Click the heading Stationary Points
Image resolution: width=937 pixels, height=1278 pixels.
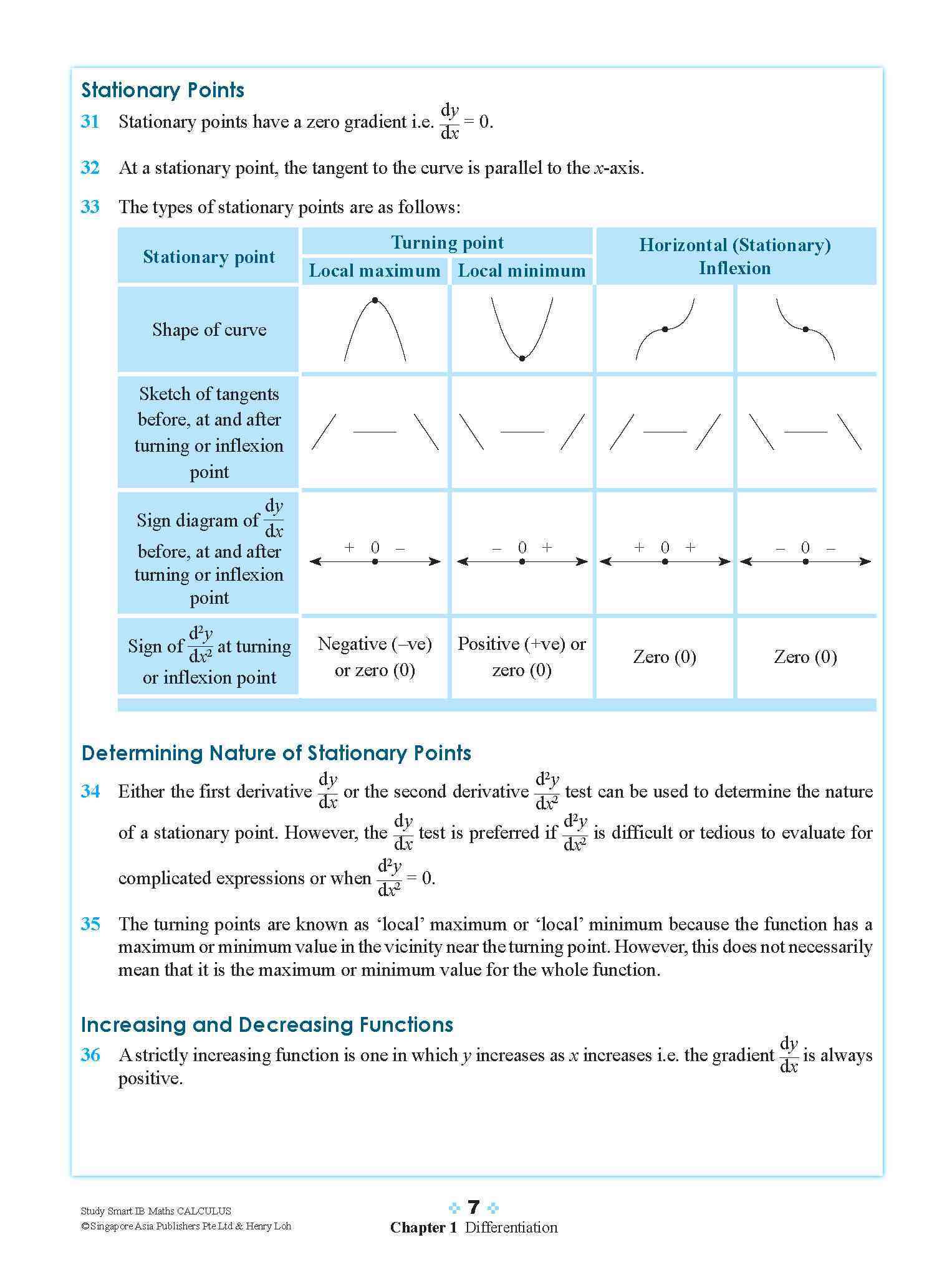coord(163,90)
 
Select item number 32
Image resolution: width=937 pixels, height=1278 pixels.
coord(90,168)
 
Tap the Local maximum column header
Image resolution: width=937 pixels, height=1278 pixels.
coord(375,270)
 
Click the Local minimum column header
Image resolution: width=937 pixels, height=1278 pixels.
coord(522,270)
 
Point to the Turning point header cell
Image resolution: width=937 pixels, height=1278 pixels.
coord(447,242)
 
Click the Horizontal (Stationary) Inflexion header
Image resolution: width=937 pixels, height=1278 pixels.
coord(735,256)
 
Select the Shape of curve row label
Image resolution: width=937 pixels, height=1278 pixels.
coord(209,330)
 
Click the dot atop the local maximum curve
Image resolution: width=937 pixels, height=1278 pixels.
coord(375,300)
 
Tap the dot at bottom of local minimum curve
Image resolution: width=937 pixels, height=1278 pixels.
coord(522,358)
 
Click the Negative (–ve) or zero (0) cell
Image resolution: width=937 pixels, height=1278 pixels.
coord(375,657)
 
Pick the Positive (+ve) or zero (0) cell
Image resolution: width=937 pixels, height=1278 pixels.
coord(522,657)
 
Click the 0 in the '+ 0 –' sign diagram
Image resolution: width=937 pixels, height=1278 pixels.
coord(375,548)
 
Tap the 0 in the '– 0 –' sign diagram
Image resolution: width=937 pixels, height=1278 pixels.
coord(805,548)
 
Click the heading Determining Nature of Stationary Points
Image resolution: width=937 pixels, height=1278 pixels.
coord(276,753)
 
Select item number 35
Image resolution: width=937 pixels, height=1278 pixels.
coord(90,924)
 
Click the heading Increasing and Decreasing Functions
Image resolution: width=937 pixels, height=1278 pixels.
coord(267,1025)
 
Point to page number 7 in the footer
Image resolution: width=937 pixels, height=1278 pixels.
coord(474,1208)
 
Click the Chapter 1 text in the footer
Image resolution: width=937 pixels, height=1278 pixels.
coord(423,1228)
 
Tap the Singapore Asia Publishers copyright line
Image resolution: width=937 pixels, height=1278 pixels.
coord(186,1226)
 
